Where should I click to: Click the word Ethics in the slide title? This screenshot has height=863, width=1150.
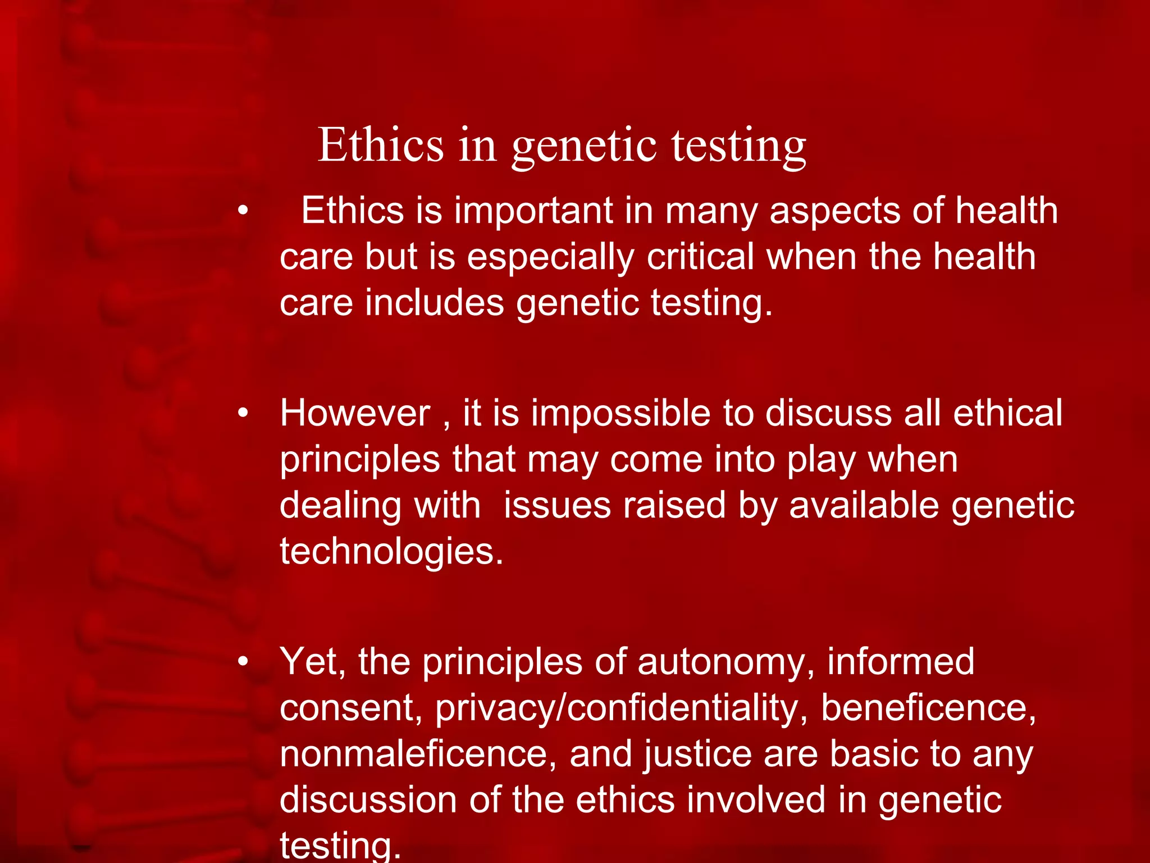tap(381, 145)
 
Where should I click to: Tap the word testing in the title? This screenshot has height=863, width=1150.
tap(739, 146)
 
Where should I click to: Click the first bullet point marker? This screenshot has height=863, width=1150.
tap(243, 211)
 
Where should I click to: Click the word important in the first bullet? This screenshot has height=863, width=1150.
tap(533, 211)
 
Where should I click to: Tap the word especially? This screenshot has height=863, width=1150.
tap(550, 257)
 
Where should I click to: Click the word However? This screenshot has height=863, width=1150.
tap(355, 414)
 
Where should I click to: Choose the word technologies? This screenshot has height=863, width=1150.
tap(391, 551)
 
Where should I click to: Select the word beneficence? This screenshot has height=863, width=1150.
tap(928, 708)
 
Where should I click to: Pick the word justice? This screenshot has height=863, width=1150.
tap(697, 755)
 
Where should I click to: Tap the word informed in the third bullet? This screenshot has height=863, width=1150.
tap(901, 662)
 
